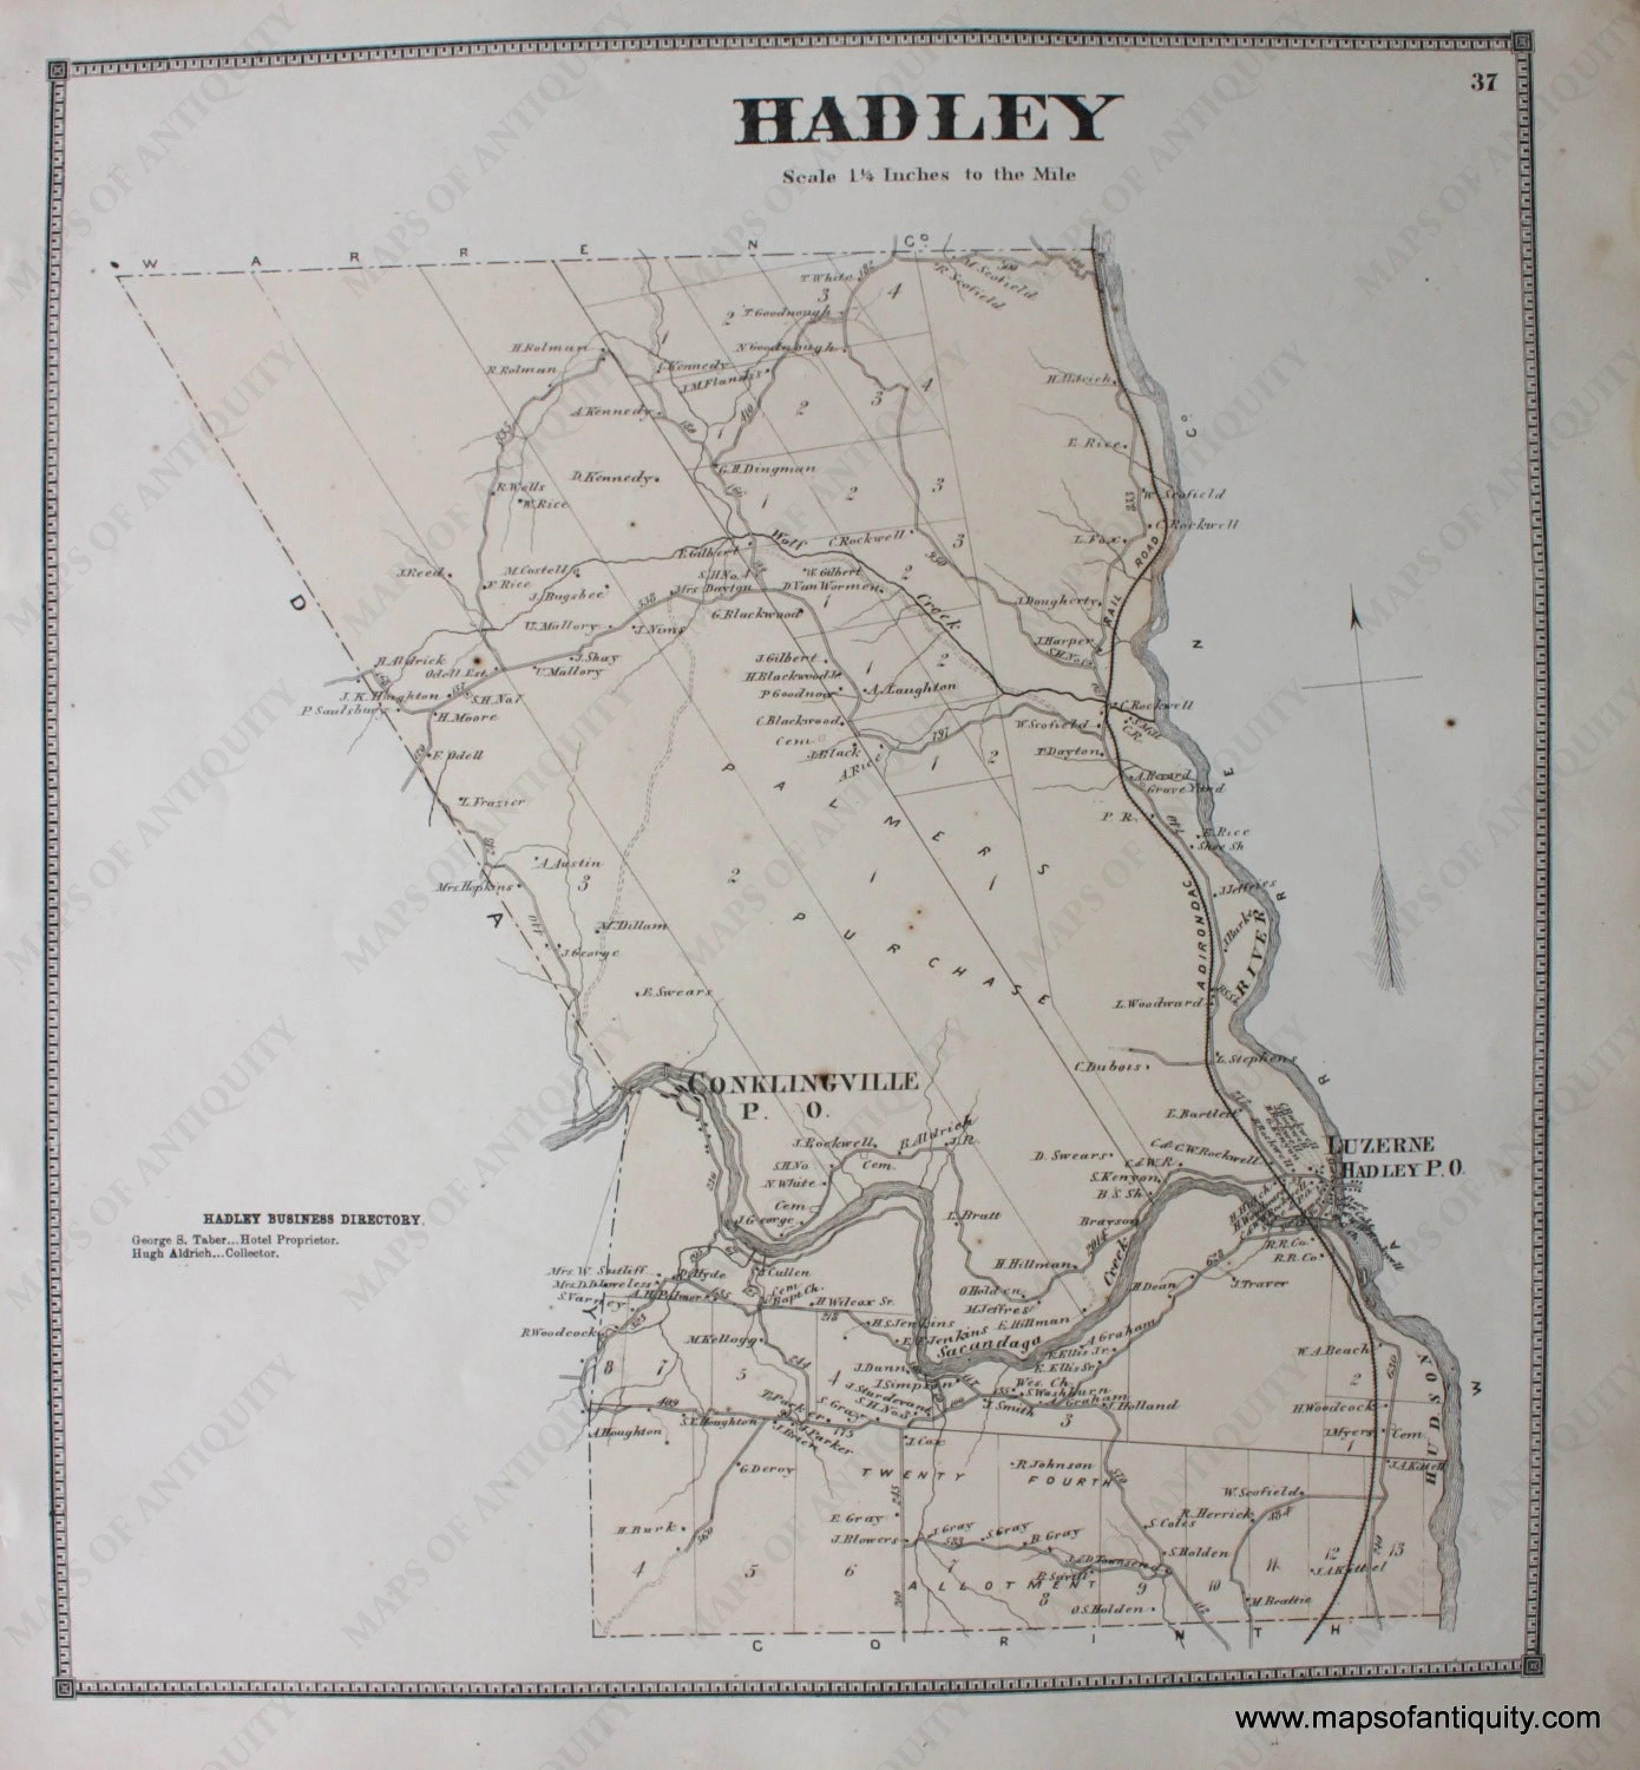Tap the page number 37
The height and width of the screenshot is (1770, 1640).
click(1484, 83)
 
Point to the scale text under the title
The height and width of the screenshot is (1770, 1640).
click(929, 175)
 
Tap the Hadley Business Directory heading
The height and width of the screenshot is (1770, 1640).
click(315, 1221)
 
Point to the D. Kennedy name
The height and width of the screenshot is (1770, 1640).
click(615, 477)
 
